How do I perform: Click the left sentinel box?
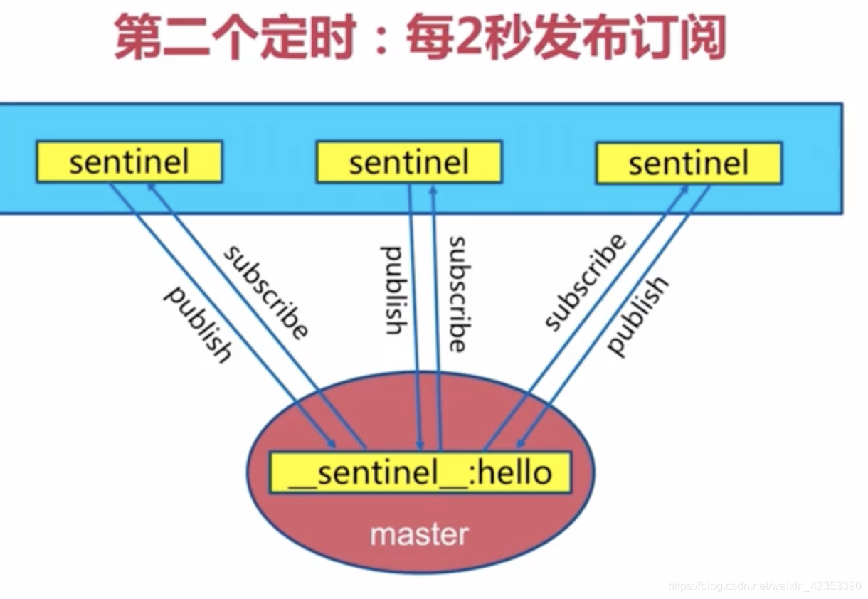pyautogui.click(x=129, y=162)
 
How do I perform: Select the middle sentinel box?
pyautogui.click(x=408, y=162)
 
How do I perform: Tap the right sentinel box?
pyautogui.click(x=688, y=162)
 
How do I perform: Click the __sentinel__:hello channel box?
pyautogui.click(x=420, y=472)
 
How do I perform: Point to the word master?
pyautogui.click(x=420, y=534)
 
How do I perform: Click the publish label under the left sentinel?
pyautogui.click(x=197, y=324)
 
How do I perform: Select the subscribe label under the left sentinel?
pyautogui.click(x=266, y=292)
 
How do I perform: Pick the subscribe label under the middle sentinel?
pyautogui.click(x=456, y=294)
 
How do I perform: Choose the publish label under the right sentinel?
pyautogui.click(x=637, y=315)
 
